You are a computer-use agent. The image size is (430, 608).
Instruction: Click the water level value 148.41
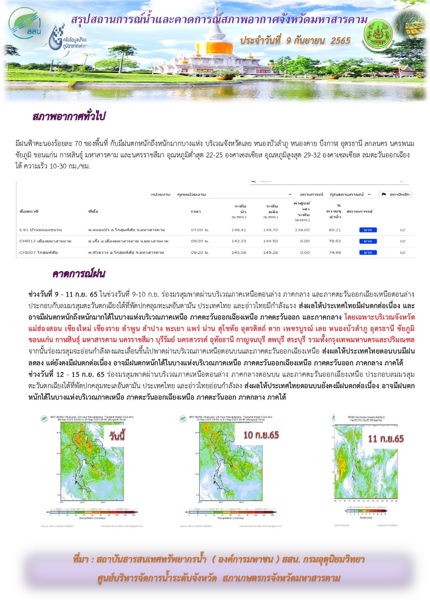point(239,230)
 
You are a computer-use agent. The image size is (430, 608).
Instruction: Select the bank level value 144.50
point(271,241)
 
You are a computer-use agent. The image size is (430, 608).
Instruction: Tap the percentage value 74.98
point(335,252)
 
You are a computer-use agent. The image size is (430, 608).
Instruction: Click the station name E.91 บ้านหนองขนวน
point(40,230)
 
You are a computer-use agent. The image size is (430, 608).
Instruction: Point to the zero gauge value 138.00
point(302,230)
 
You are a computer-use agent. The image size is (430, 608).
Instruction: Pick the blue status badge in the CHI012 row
point(368,241)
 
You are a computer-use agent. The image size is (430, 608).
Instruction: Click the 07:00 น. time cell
point(200,230)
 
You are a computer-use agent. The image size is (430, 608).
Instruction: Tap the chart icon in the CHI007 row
point(403,252)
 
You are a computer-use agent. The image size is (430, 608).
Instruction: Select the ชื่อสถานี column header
point(29,211)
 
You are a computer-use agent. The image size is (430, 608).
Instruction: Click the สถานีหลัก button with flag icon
point(395,195)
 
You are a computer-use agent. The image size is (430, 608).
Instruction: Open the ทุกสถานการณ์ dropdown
point(350,195)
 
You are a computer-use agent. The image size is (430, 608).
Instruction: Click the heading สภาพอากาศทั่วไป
point(69,117)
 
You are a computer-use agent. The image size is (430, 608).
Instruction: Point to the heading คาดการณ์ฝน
point(79,274)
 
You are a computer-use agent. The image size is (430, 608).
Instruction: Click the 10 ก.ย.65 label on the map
point(261,435)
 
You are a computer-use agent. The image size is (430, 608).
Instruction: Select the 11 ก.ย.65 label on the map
point(386,439)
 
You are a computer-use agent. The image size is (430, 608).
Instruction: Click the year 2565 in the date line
point(340,41)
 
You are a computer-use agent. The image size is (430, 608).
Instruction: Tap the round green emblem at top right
point(378,34)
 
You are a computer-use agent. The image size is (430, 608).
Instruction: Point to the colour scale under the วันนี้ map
point(92,512)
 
